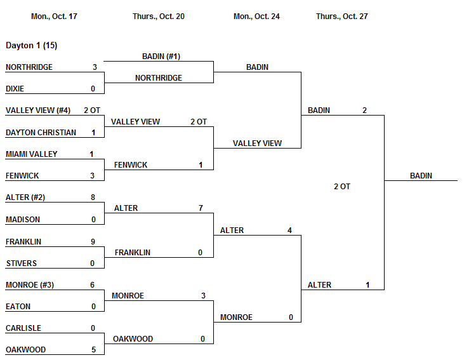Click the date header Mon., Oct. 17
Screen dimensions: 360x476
pos(54,17)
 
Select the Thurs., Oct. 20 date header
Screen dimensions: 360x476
pos(159,17)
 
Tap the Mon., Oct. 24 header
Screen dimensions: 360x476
pos(256,17)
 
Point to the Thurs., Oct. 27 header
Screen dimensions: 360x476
pos(341,17)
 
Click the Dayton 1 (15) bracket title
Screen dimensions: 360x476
pos(32,46)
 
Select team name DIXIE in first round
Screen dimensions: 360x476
pos(15,89)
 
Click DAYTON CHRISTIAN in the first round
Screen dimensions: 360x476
pos(41,133)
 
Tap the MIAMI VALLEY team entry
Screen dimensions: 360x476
pos(31,154)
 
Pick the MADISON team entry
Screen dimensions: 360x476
pos(22,220)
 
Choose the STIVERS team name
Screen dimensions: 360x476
pos(21,263)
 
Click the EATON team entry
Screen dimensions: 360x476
pos(18,307)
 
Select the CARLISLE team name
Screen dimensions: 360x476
pos(23,328)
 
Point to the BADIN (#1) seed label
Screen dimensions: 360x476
pos(161,57)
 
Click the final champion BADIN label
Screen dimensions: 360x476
pos(421,176)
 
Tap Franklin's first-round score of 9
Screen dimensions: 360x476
pos(93,242)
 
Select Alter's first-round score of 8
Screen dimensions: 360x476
pos(93,197)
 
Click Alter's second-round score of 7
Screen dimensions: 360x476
pos(200,208)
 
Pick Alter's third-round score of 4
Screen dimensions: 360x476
pos(289,230)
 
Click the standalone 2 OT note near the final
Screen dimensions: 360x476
pos(341,187)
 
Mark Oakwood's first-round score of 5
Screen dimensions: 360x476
pos(93,350)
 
